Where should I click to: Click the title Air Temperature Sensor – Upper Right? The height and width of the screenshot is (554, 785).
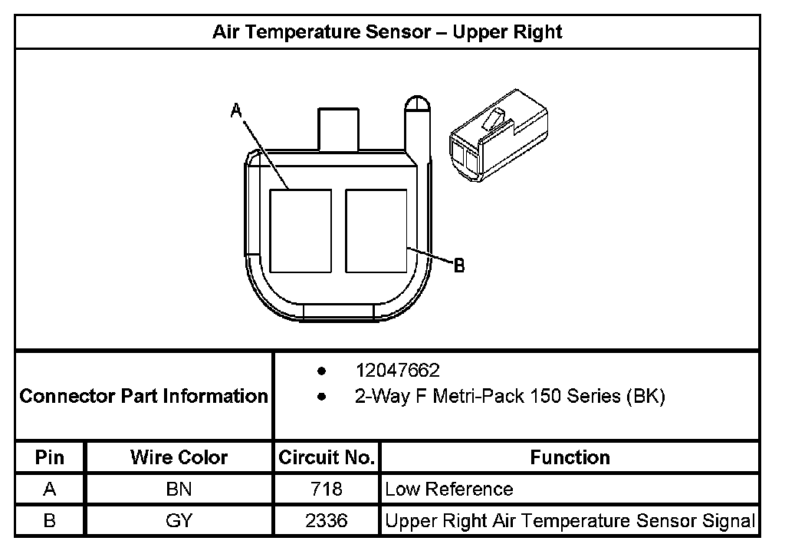(387, 32)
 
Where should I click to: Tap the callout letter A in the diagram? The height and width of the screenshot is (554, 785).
(237, 111)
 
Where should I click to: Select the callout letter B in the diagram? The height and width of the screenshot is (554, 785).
(459, 266)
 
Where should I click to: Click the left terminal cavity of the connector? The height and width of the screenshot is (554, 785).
(301, 231)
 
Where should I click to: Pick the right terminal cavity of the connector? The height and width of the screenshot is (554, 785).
(376, 231)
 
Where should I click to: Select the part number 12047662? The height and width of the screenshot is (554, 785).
(397, 371)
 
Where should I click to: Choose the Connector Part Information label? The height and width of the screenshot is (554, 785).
(143, 396)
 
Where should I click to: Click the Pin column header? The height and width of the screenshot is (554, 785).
(50, 458)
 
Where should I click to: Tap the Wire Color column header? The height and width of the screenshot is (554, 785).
(179, 458)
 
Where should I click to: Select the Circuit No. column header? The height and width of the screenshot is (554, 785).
(327, 458)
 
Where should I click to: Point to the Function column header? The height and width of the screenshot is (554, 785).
(570, 457)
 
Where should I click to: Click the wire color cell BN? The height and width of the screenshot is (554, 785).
(179, 490)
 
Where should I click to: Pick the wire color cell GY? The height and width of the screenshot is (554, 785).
(179, 521)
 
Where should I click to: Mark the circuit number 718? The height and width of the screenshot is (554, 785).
(327, 490)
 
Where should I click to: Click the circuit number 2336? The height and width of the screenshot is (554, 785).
(327, 521)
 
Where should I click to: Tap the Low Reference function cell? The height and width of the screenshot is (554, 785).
(449, 490)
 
